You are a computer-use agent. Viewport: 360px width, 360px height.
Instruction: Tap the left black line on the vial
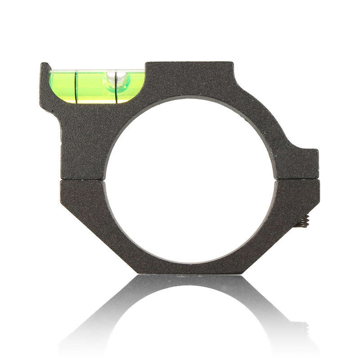(76, 86)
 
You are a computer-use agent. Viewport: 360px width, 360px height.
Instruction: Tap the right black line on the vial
(117, 86)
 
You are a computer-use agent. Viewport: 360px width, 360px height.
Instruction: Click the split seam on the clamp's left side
(83, 180)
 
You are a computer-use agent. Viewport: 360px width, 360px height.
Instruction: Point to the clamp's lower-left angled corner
(99, 243)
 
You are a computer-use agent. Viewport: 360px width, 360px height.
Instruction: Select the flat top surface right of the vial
(189, 64)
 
